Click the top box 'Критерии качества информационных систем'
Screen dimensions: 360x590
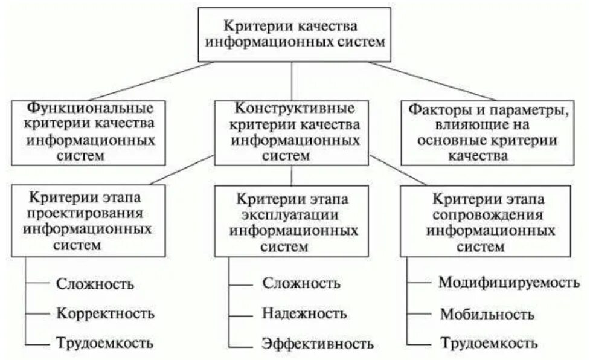tap(295, 34)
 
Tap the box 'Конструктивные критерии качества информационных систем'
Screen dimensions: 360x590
tap(292, 132)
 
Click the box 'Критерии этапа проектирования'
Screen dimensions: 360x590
tap(89, 220)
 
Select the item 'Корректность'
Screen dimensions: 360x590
tap(106, 313)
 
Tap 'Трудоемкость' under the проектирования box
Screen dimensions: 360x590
tap(105, 344)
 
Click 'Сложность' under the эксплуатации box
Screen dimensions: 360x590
tap(301, 283)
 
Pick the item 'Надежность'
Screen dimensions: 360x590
tap(304, 313)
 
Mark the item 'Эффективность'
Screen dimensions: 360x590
tap(318, 344)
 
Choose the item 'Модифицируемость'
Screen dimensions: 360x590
tap(505, 282)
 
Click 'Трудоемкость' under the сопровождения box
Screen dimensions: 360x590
tap(489, 344)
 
